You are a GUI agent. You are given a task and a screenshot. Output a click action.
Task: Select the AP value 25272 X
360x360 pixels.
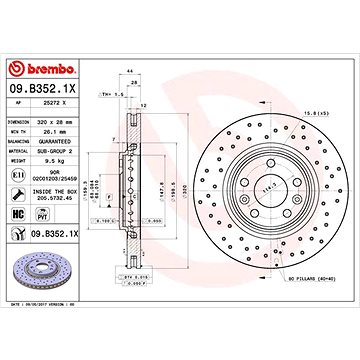[63, 84]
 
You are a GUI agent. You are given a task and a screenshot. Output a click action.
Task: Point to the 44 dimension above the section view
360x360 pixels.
[130, 97]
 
